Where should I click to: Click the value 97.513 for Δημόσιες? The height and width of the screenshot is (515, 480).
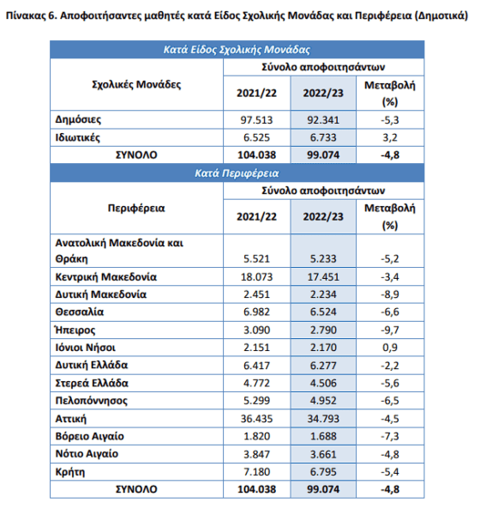[x=256, y=120]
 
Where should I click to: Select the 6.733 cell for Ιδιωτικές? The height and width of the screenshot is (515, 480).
[x=323, y=137]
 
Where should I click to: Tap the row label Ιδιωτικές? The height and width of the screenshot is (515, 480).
[x=77, y=137]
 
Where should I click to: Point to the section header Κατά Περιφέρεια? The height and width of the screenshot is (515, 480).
[x=237, y=173]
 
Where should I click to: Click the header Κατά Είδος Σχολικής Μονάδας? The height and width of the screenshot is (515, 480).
[x=237, y=50]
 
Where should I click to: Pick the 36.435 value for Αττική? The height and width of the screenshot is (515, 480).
[x=256, y=419]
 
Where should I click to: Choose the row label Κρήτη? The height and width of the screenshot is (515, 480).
[x=70, y=472]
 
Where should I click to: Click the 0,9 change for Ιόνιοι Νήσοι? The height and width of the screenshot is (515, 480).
[x=390, y=348]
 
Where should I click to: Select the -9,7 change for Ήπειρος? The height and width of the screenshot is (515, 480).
[x=390, y=330]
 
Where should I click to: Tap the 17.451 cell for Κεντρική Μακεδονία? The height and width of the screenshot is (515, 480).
[x=323, y=277]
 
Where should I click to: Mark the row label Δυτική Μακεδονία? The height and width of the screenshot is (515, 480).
[x=101, y=294]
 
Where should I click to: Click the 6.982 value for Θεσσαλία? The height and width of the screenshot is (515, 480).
[x=256, y=312]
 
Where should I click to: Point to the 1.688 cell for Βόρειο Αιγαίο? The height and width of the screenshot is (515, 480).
[x=323, y=436]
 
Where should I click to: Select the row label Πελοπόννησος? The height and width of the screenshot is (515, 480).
[x=91, y=401]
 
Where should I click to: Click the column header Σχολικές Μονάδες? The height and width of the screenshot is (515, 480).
[x=136, y=84]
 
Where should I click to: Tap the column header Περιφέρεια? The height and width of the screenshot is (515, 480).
[x=136, y=209]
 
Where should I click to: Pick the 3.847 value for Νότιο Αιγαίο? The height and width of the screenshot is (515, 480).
[x=256, y=454]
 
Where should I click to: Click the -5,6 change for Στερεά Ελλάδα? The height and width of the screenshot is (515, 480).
[x=390, y=383]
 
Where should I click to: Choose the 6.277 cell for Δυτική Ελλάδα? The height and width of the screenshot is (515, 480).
[x=323, y=366]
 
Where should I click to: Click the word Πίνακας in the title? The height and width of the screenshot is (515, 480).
[x=26, y=15]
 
